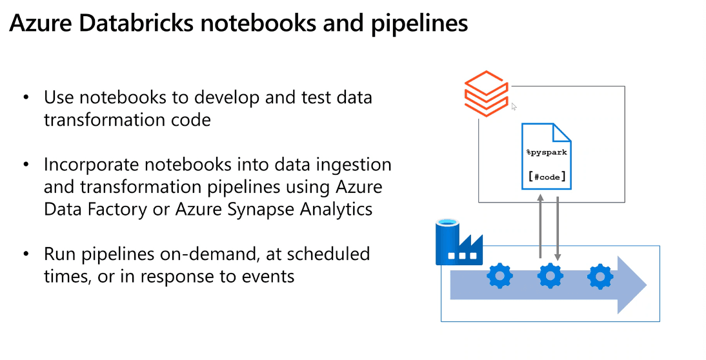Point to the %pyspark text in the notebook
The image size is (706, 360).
click(x=547, y=152)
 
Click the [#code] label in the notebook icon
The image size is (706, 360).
click(x=547, y=177)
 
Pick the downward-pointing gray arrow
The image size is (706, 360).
click(x=558, y=226)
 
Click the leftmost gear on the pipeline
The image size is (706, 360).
click(x=499, y=277)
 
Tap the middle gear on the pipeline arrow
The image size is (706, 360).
click(x=550, y=277)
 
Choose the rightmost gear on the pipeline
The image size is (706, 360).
click(x=600, y=277)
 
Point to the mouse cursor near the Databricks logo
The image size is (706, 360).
click(x=514, y=106)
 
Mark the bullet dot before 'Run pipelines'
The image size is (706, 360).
click(x=26, y=254)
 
